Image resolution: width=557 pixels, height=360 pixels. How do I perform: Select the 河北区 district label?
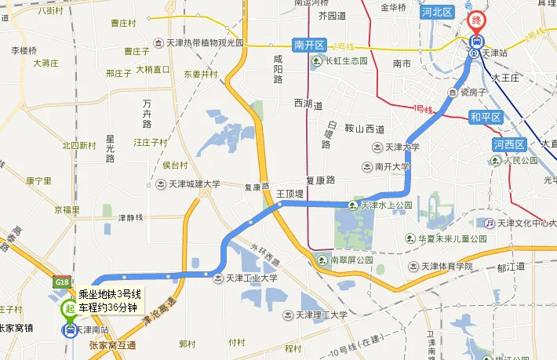437,12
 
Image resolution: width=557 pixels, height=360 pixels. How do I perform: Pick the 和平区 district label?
485,118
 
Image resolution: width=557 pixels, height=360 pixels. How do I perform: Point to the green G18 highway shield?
62,282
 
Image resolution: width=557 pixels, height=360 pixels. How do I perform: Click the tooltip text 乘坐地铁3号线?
109,294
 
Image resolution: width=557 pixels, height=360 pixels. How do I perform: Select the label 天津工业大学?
251,277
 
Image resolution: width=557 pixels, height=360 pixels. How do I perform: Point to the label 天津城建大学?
192,185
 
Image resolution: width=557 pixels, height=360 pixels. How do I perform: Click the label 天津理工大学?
322,315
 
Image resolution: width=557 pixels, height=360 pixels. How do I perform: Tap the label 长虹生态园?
346,61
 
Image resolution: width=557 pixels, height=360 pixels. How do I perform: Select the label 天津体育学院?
446,267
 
